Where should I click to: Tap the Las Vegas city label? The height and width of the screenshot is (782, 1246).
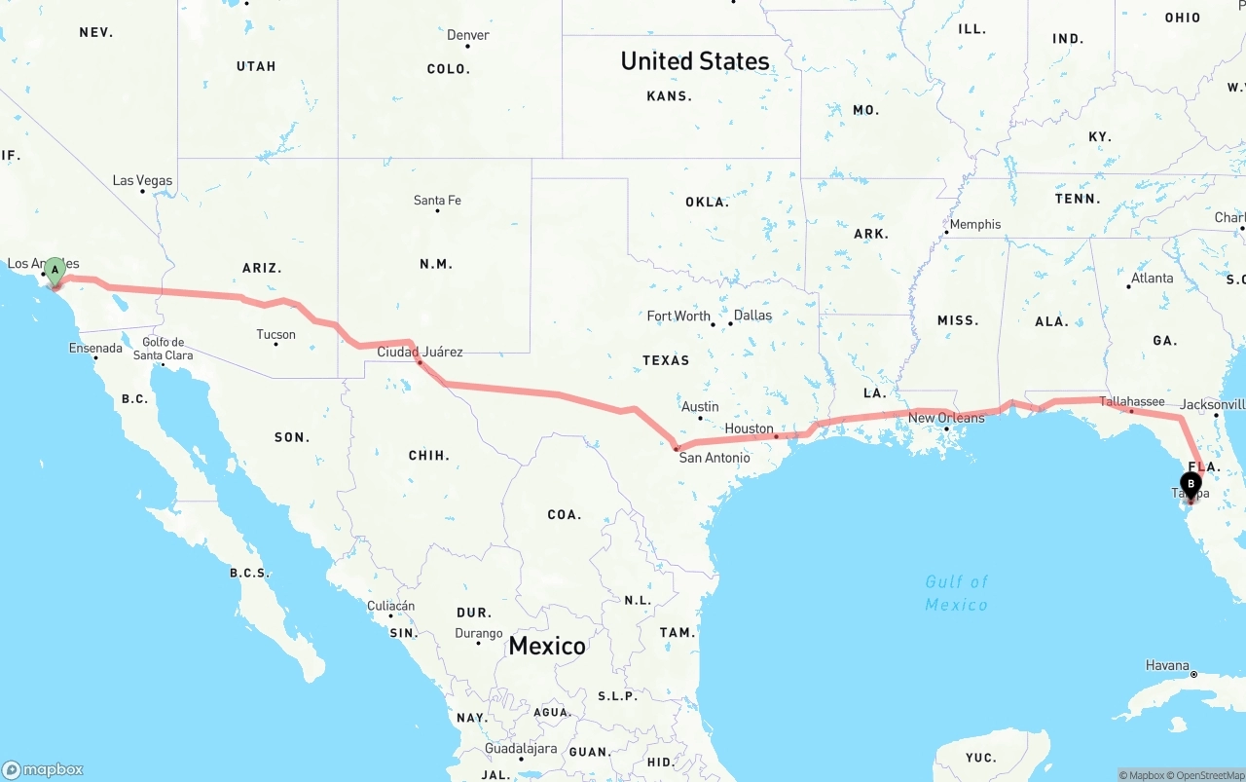pos(142,180)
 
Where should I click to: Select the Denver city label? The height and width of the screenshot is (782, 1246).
pos(468,35)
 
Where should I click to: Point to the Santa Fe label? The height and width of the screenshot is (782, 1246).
pos(437,201)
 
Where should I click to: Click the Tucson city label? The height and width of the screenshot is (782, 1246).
pos(275,334)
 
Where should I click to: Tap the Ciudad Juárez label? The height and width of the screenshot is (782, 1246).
pos(420,352)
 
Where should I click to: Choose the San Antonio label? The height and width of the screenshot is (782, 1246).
pos(715,457)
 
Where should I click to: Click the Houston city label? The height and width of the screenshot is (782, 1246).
pos(750,428)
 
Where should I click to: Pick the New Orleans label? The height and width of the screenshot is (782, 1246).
pos(946,418)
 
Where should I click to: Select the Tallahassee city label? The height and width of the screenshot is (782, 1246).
pos(1132,401)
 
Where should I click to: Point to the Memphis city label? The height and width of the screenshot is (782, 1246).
pos(974,224)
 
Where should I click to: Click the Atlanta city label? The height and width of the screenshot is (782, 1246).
pos(1152,278)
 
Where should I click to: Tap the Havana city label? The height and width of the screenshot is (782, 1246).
pos(1167,665)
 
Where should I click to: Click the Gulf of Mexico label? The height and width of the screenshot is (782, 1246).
pos(956,592)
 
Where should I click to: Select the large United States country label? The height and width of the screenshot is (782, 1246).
pos(695,60)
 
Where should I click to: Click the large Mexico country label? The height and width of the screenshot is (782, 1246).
pos(547,645)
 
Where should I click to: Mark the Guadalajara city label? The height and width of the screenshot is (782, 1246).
pos(521,749)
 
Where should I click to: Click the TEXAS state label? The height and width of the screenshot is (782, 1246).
pos(666,360)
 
